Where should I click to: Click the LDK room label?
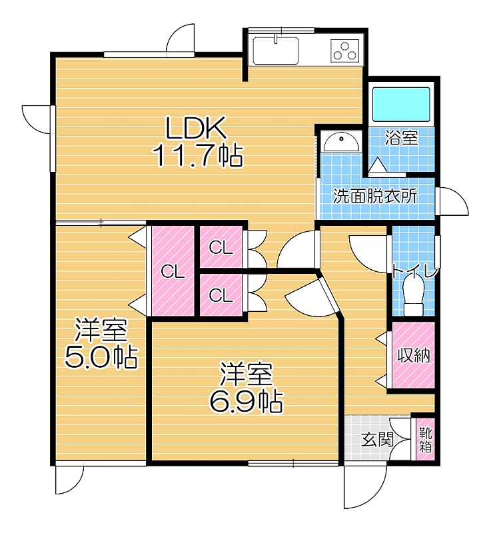[x=196, y=127]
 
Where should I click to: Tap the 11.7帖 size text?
[x=199, y=156]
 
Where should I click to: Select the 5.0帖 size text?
[x=101, y=357]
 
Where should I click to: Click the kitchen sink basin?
[x=276, y=50]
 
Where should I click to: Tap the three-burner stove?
[x=344, y=51]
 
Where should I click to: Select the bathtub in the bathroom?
[x=401, y=105]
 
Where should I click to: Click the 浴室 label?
[x=401, y=138]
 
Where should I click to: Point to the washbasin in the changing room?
[x=341, y=142]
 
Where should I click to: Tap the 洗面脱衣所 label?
[x=375, y=196]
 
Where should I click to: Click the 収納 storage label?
[x=414, y=356]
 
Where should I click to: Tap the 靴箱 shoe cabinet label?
[x=425, y=440]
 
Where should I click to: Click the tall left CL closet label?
[x=173, y=272]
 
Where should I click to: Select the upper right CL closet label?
[x=221, y=248]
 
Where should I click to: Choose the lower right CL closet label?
[x=221, y=295]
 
